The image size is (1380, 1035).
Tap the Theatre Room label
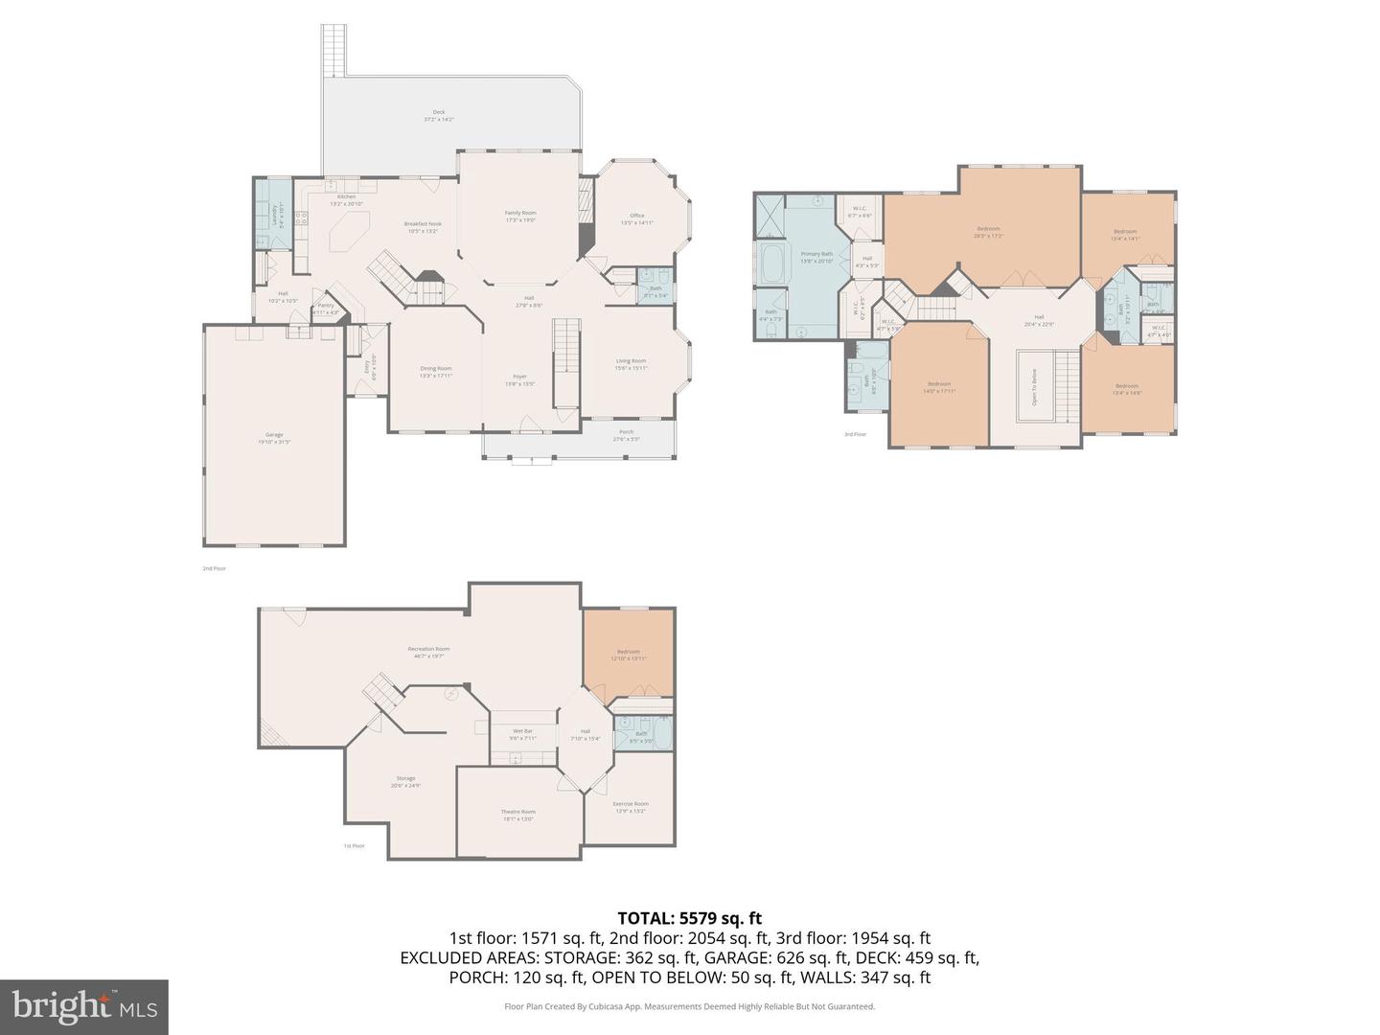[x=517, y=815]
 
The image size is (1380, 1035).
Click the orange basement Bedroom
[x=629, y=655]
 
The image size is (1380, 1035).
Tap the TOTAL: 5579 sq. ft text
[x=689, y=918]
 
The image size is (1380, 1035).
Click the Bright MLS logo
[x=84, y=1006]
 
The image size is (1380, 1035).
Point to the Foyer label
[x=519, y=379]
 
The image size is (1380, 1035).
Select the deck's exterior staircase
[x=333, y=50]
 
